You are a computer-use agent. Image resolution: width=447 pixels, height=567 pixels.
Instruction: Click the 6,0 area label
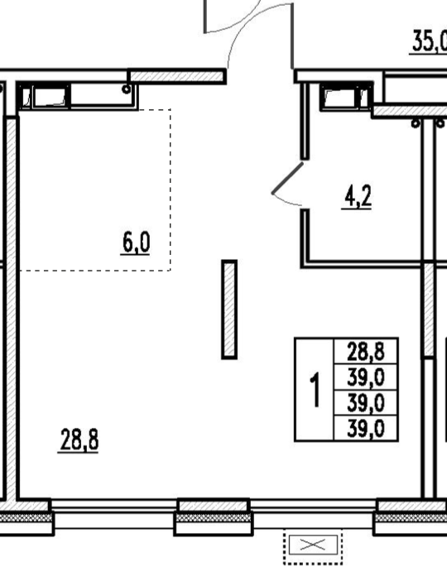pyautogui.click(x=136, y=243)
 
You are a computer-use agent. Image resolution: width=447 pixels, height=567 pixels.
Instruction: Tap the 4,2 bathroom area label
pyautogui.click(x=357, y=197)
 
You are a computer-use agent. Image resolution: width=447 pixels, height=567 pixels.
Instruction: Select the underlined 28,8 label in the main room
pyautogui.click(x=79, y=440)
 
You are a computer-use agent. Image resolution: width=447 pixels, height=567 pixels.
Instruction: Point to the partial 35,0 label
pyautogui.click(x=429, y=42)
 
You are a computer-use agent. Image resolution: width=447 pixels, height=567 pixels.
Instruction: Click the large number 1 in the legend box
pyautogui.click(x=315, y=390)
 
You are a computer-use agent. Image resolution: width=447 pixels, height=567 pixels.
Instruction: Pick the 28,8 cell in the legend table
pyautogui.click(x=366, y=352)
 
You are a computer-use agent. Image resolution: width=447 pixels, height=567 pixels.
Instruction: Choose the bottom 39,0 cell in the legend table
pyautogui.click(x=366, y=429)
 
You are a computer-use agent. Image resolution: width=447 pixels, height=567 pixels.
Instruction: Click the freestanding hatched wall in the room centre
pyautogui.click(x=229, y=310)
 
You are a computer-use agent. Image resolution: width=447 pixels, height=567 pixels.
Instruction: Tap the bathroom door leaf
pyautogui.click(x=287, y=178)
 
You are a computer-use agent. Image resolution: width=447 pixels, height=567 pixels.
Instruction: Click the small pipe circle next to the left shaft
pyautogui.click(x=126, y=89)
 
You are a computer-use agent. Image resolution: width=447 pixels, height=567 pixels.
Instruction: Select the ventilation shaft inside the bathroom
pyautogui.click(x=346, y=97)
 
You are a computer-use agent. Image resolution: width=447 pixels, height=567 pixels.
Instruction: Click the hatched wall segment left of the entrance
pyautogui.click(x=177, y=76)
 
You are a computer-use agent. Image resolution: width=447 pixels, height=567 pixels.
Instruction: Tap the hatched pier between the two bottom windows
pyautogui.click(x=214, y=517)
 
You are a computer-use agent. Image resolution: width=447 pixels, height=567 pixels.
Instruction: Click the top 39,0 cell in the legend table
pyautogui.click(x=366, y=377)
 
